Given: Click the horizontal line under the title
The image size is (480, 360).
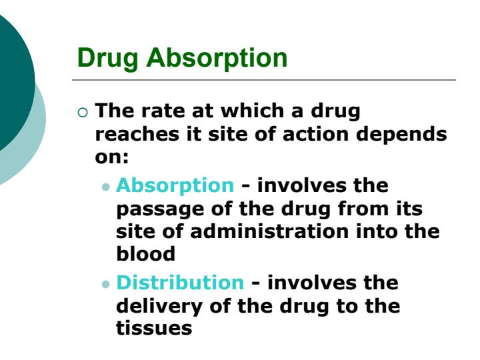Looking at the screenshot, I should click(267, 81).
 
